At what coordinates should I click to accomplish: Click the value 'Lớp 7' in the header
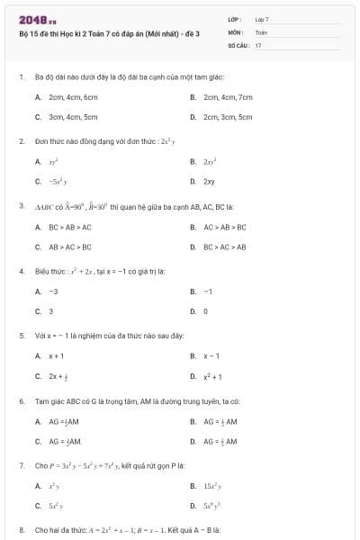coord(262,19)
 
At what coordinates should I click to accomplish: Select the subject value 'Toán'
coord(261,31)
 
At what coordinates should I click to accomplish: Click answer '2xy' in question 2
coord(209,182)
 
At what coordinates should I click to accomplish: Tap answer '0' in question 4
coord(205,311)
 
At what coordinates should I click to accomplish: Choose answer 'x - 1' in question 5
coord(211,356)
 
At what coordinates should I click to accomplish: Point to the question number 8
coord(21,530)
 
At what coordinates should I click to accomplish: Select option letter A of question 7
coord(38,486)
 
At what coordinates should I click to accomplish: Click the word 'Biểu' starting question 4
coord(41,271)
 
